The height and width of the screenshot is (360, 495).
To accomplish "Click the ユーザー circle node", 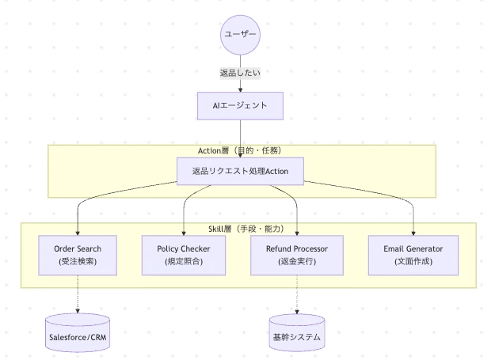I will [x=240, y=35].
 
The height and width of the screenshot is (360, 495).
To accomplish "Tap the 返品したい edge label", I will [x=240, y=73].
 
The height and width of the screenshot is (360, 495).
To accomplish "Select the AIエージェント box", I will [x=240, y=105].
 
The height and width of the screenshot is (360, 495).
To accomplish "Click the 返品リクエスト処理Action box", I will [x=240, y=171].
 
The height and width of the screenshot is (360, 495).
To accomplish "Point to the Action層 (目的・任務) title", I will [x=240, y=150].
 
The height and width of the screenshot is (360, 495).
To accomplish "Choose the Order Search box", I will [x=78, y=255].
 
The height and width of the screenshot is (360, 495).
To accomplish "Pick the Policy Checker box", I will [x=184, y=255].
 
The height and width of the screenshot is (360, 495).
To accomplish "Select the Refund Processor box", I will [x=297, y=255].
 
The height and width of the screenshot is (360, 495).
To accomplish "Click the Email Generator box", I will [x=413, y=255].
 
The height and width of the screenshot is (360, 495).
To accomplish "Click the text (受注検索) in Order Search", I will [x=78, y=261].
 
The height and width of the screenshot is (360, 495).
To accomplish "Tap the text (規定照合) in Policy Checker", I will [x=184, y=261].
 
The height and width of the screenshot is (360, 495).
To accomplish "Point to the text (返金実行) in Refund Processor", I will [x=297, y=261].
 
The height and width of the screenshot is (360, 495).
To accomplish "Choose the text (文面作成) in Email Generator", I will [x=413, y=261].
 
